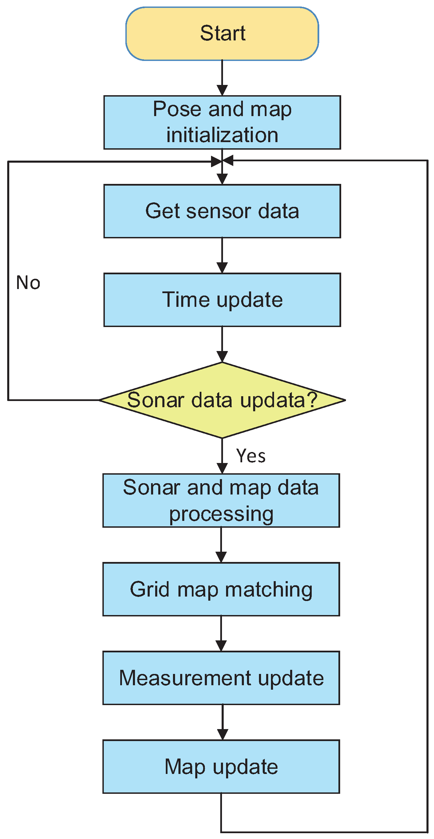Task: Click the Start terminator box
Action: pyautogui.click(x=222, y=34)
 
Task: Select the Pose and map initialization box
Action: pyautogui.click(x=222, y=122)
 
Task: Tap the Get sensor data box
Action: pyautogui.click(x=222, y=211)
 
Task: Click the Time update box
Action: pyautogui.click(x=222, y=300)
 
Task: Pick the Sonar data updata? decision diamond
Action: pyautogui.click(x=222, y=400)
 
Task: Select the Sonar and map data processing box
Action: pyautogui.click(x=221, y=500)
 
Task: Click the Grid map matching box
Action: pyautogui.click(x=221, y=589)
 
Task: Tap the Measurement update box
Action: pyautogui.click(x=221, y=678)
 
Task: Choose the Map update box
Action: pyautogui.click(x=221, y=766)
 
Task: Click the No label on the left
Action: pyautogui.click(x=28, y=283)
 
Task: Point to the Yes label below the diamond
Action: pyautogui.click(x=251, y=456)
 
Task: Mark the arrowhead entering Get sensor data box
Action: pyautogui.click(x=222, y=179)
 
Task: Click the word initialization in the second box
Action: pyautogui.click(x=222, y=135)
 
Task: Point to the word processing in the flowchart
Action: pyautogui.click(x=221, y=514)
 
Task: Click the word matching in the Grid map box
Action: pyautogui.click(x=269, y=590)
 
